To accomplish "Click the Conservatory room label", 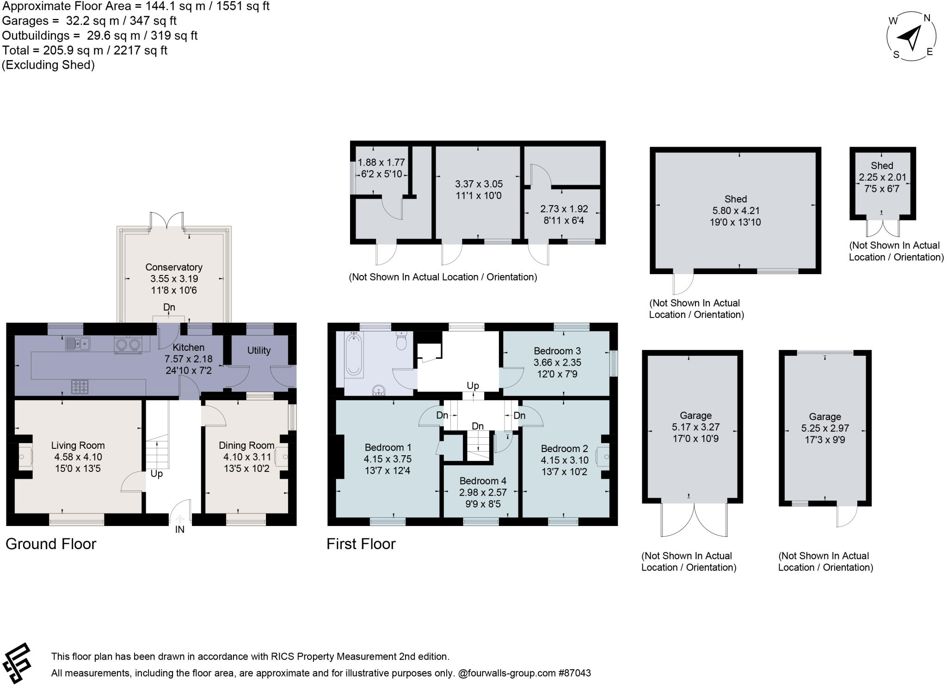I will click(x=173, y=267).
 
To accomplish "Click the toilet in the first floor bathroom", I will click(x=401, y=342).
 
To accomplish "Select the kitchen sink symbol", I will click(x=77, y=343).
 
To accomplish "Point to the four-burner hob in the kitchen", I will click(x=80, y=386).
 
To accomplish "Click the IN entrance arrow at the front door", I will click(x=180, y=520).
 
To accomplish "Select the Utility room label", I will click(x=258, y=350).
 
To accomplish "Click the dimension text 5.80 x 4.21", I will click(x=735, y=211).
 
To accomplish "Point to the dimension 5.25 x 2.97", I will click(x=825, y=428).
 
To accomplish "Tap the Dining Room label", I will click(x=246, y=445).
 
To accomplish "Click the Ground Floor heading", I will click(x=51, y=544).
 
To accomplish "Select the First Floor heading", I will click(x=361, y=544).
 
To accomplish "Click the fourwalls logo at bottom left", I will click(x=17, y=662).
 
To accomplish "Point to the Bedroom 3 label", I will click(x=557, y=351).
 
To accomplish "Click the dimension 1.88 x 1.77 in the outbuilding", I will click(x=381, y=163).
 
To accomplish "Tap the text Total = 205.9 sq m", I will click(x=85, y=50).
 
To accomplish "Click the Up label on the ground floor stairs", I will click(x=156, y=474).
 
